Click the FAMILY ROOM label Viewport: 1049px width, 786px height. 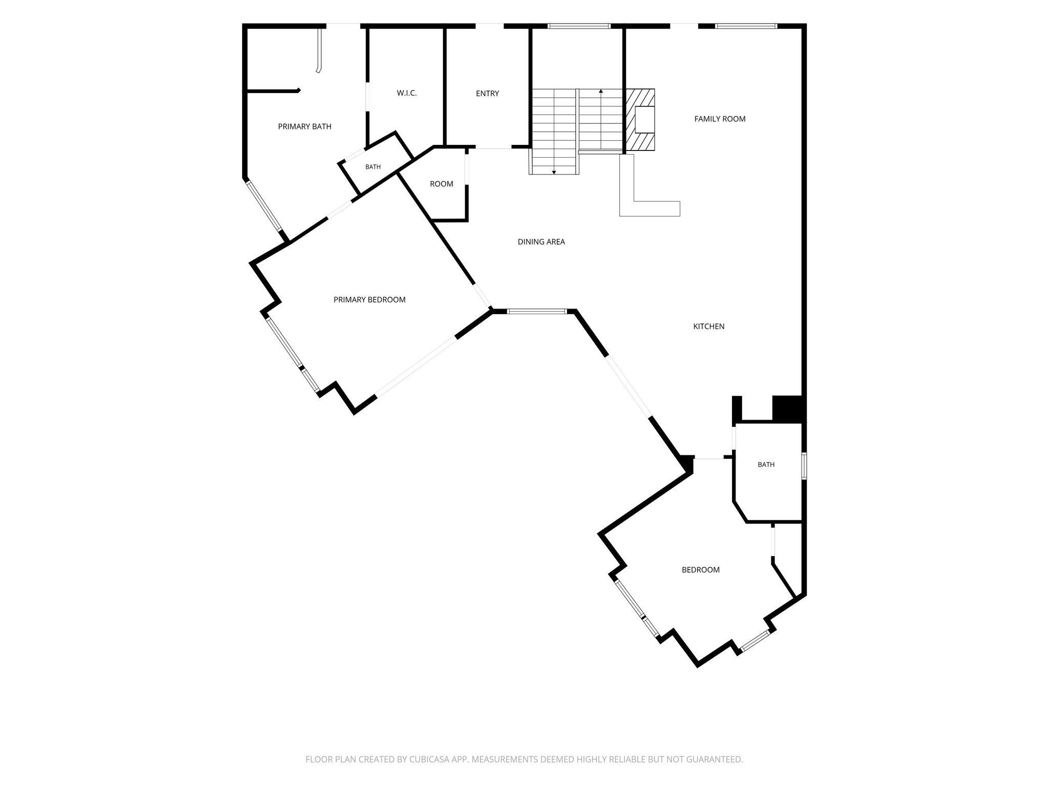pyautogui.click(x=720, y=119)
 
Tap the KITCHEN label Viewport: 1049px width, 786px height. pyautogui.click(x=709, y=326)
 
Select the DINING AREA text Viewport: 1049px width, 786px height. pyautogui.click(x=541, y=242)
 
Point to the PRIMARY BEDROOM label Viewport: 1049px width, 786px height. pyautogui.click(x=369, y=300)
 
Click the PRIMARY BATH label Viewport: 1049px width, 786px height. pyautogui.click(x=305, y=126)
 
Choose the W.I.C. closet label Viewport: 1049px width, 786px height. pyautogui.click(x=407, y=93)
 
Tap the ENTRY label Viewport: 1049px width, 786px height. pyautogui.click(x=487, y=94)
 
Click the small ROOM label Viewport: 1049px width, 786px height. pyautogui.click(x=442, y=184)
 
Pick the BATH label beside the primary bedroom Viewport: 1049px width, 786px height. pyautogui.click(x=373, y=167)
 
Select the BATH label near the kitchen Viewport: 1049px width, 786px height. pyautogui.click(x=766, y=465)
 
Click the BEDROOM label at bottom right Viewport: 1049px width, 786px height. pyautogui.click(x=701, y=570)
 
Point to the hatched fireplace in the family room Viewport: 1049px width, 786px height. pyautogui.click(x=640, y=120)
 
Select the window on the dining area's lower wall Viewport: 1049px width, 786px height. pyautogui.click(x=537, y=311)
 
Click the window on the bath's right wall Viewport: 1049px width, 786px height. pyautogui.click(x=804, y=466)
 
